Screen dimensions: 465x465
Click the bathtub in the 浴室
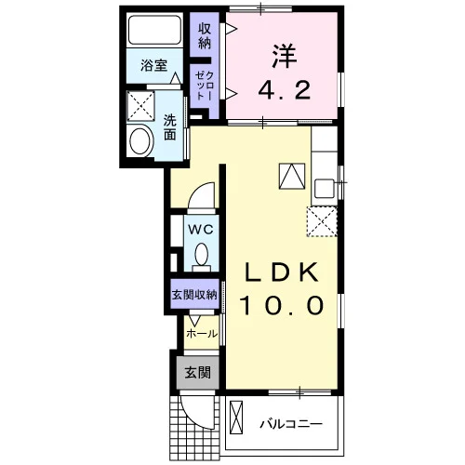(x=154, y=30)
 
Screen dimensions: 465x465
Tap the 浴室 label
(x=153, y=65)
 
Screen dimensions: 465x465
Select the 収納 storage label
(x=205, y=35)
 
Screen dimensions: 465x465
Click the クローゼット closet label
(x=205, y=86)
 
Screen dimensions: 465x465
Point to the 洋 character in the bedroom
(x=285, y=57)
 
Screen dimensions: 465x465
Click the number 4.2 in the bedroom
(x=285, y=89)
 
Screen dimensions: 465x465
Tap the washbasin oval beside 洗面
(x=141, y=141)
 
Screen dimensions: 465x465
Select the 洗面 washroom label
(x=169, y=127)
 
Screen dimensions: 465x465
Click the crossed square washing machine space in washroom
(x=140, y=105)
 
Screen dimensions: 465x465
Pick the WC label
(x=201, y=230)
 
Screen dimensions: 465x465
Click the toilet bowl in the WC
(x=202, y=254)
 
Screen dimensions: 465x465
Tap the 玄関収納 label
(x=194, y=295)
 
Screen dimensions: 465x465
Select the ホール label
(x=202, y=334)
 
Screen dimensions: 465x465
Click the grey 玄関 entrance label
(x=198, y=372)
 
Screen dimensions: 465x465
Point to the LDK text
(x=282, y=272)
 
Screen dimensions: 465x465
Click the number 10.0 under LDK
(x=282, y=305)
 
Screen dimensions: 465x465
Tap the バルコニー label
(x=291, y=423)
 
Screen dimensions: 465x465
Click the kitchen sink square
(x=324, y=189)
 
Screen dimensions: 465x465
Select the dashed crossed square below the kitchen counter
(x=322, y=222)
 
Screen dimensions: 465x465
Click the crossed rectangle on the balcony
(x=236, y=418)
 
